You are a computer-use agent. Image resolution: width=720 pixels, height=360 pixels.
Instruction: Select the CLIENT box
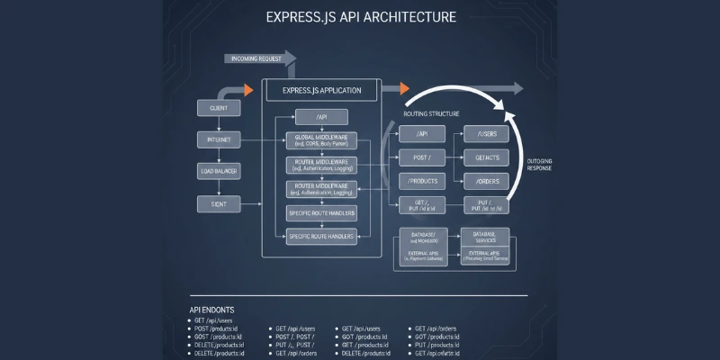(x=218, y=109)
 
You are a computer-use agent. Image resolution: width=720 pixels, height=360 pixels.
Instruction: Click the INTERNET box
(x=218, y=139)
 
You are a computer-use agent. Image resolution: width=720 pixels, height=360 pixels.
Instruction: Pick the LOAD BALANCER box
(x=218, y=170)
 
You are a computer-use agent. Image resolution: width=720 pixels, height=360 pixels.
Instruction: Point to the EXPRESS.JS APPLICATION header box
(x=321, y=91)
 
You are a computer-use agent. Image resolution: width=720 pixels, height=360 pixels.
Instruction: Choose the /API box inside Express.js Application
(x=321, y=116)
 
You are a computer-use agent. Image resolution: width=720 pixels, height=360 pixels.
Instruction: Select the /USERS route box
(x=486, y=133)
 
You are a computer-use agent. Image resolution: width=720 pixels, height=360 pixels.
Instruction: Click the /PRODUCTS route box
(x=423, y=181)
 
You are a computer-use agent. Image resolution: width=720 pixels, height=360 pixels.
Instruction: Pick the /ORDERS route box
(x=486, y=181)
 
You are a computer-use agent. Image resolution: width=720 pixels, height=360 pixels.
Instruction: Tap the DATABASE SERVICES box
(x=484, y=237)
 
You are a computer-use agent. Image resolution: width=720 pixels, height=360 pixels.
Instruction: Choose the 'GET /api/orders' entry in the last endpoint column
(x=437, y=329)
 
